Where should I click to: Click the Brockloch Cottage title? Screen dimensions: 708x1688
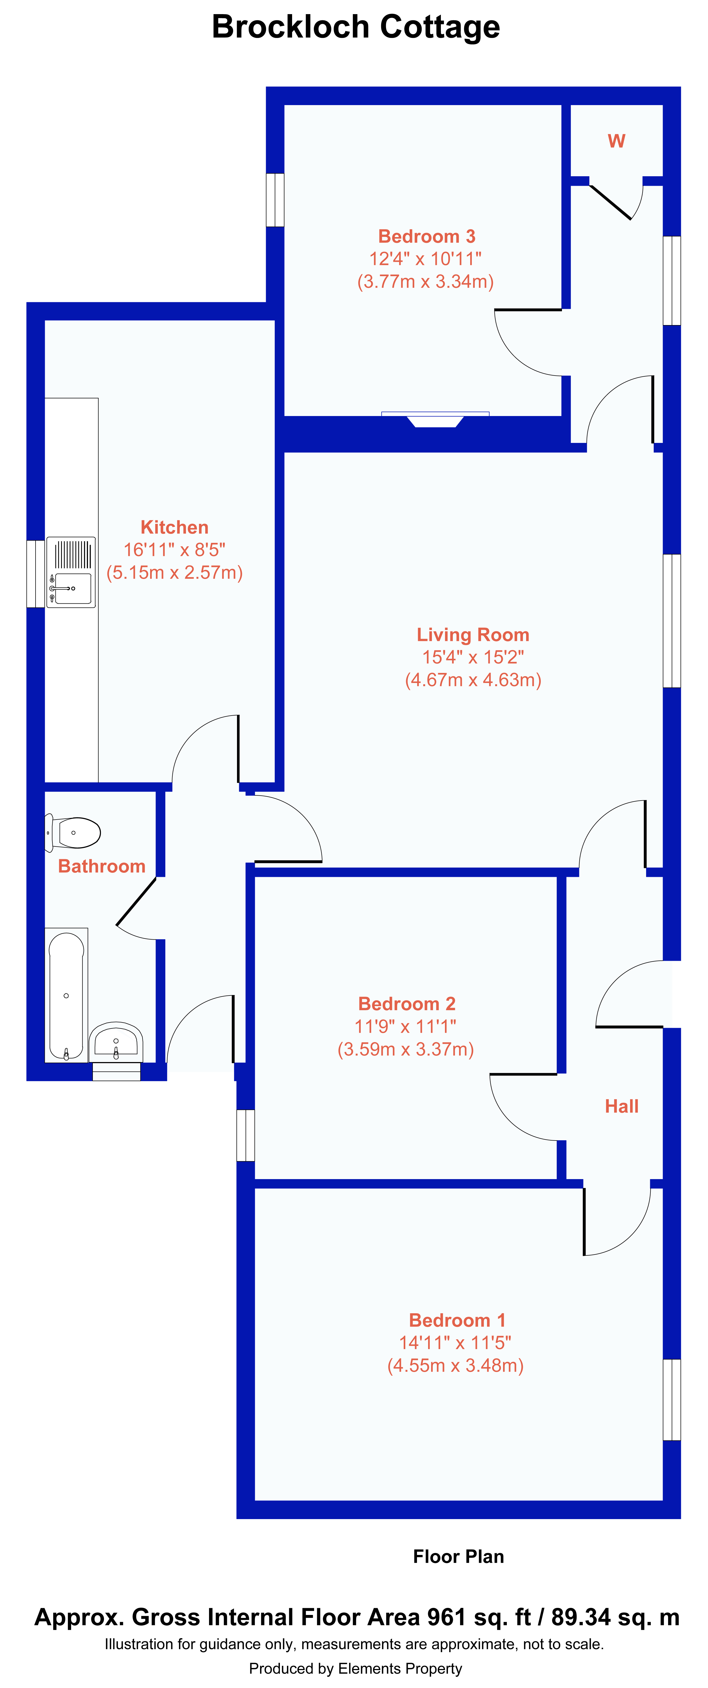356,27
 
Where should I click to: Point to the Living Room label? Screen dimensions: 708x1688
473,635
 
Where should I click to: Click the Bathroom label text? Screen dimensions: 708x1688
102,866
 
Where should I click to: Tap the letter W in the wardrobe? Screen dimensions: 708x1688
616,141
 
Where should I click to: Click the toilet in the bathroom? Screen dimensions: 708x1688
73,833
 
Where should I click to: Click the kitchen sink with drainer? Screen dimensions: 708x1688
71,572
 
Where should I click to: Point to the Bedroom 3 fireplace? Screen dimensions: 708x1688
435,419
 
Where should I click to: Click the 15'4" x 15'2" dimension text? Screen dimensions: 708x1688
473,657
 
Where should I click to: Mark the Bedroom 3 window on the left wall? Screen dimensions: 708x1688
275,200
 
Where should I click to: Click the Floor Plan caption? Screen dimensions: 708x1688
459,1556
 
